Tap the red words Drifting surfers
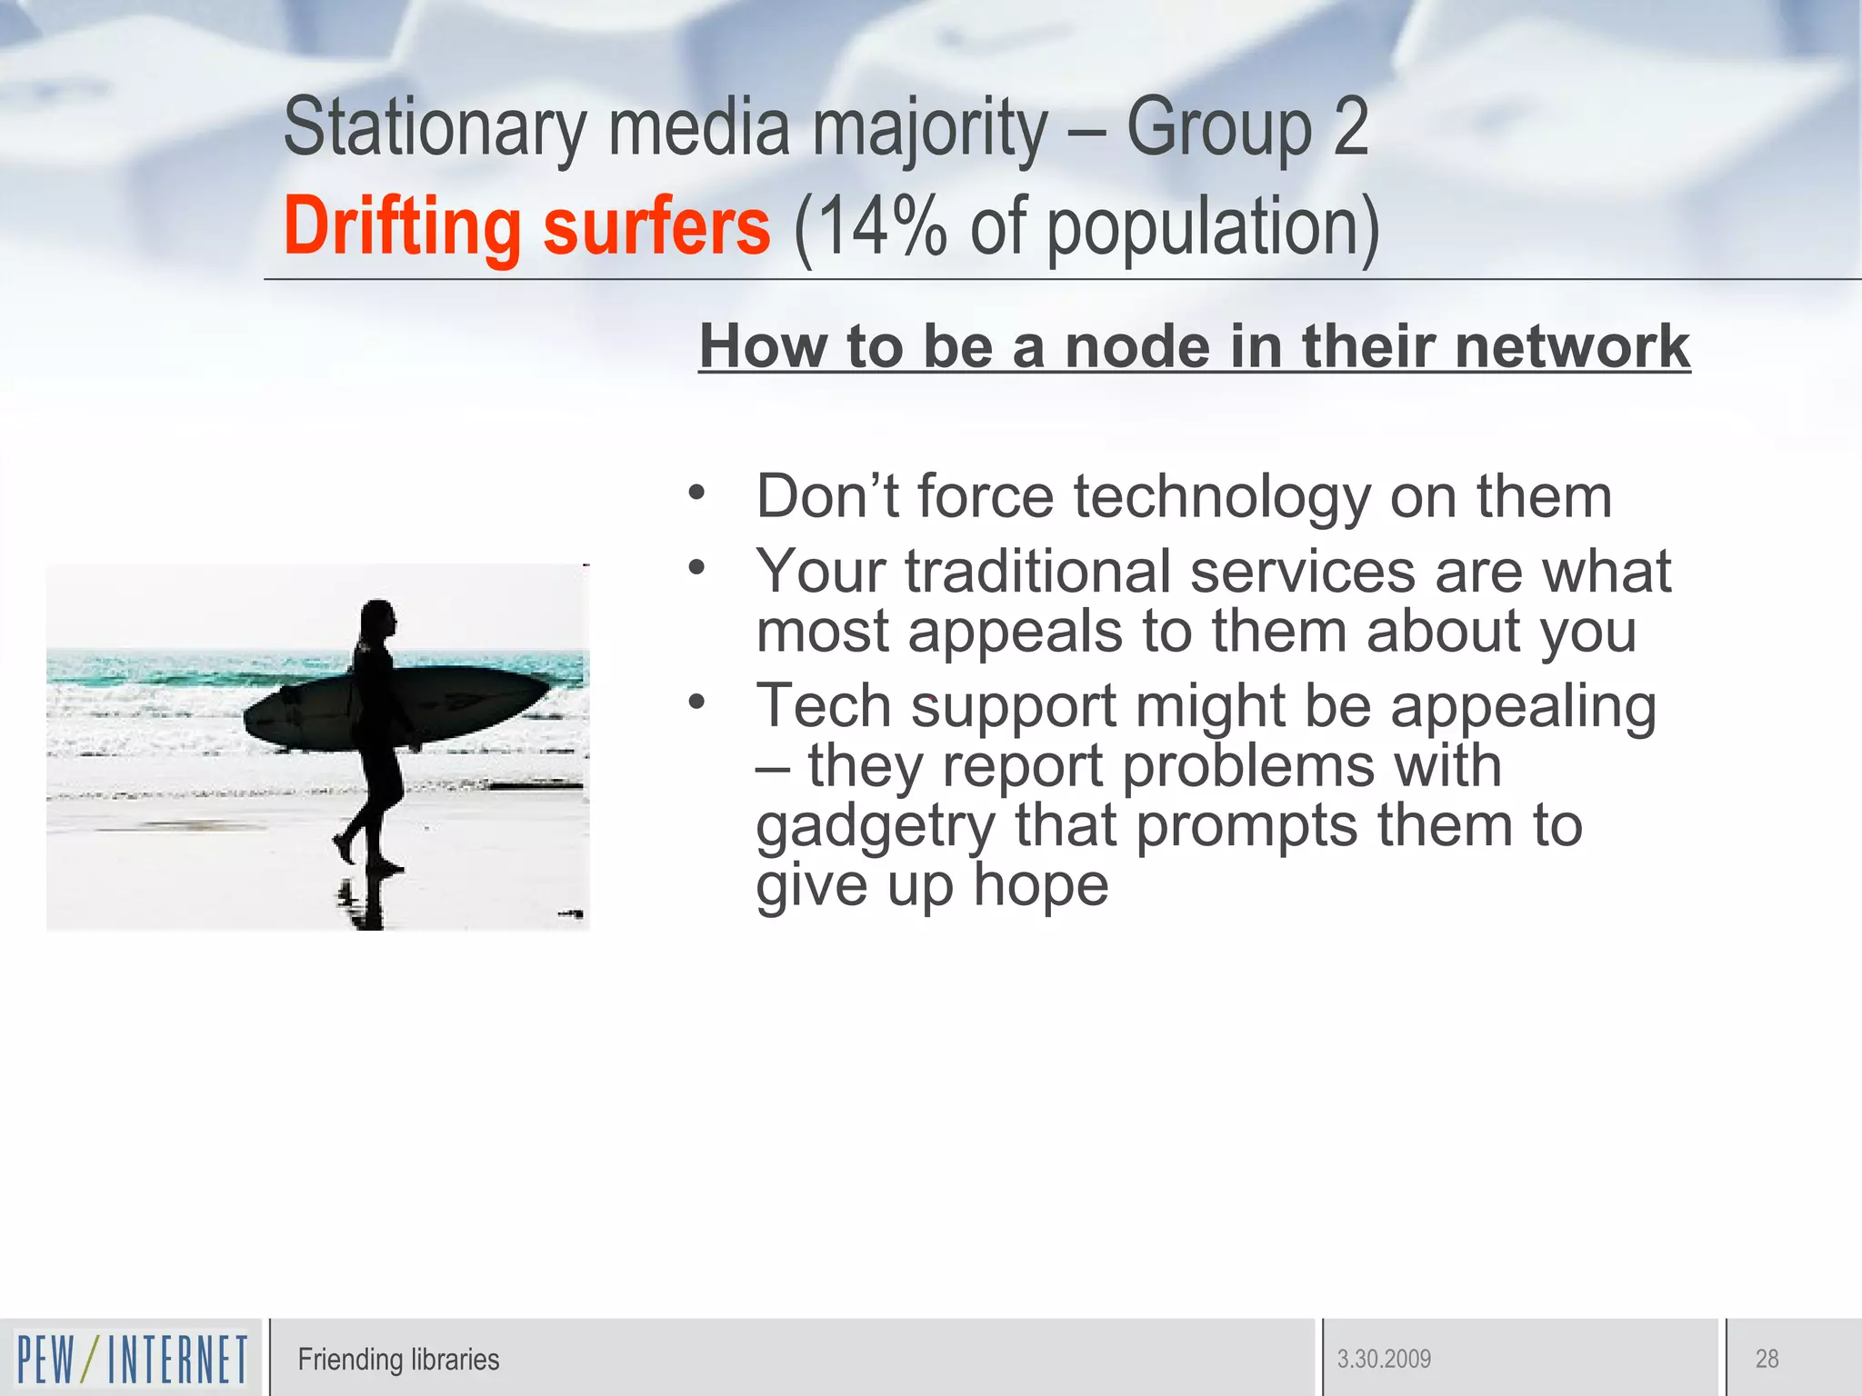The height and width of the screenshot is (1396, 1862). pos(526,226)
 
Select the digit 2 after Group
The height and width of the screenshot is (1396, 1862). pos(1350,129)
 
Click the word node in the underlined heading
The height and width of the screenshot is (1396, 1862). pos(1137,347)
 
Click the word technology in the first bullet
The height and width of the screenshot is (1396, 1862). pos(1221,497)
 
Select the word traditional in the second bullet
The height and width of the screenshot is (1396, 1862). pos(1036,572)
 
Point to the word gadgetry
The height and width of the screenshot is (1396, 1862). pos(876,827)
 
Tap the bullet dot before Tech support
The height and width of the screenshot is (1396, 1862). pos(697,701)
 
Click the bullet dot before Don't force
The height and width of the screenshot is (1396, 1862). pos(697,493)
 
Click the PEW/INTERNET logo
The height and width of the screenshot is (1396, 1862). pos(132,1359)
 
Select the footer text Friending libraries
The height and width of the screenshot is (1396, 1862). pos(398,1360)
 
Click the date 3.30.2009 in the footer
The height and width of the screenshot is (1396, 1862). pos(1384,1360)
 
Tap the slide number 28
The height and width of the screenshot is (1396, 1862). pos(1767,1360)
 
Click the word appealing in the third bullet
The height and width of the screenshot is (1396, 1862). pos(1523,707)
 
